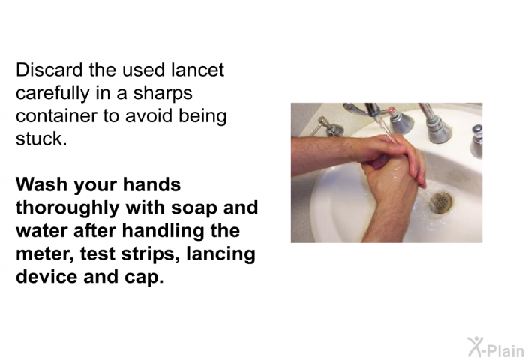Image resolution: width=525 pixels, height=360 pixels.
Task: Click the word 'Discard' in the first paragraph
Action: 49,70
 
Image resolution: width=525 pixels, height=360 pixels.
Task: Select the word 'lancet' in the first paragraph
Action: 197,70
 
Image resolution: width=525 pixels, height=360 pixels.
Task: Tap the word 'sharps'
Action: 163,94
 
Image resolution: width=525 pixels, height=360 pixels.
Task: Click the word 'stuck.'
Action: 41,139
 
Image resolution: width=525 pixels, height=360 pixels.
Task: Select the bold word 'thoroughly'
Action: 67,208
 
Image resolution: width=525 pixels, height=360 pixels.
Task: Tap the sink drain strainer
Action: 441,202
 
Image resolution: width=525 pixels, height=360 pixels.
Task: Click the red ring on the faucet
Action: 390,109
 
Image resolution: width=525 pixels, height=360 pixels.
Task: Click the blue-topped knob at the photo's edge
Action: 476,141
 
